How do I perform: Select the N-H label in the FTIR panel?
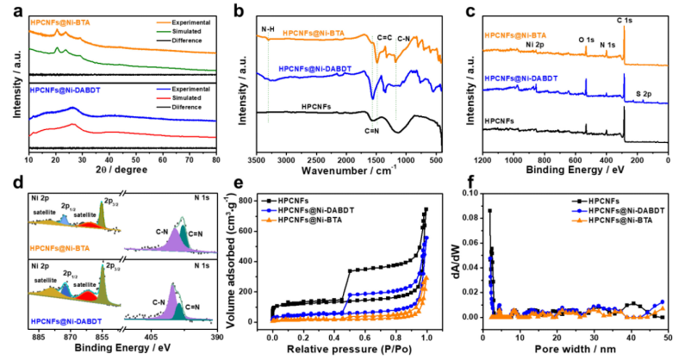click(x=269, y=30)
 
